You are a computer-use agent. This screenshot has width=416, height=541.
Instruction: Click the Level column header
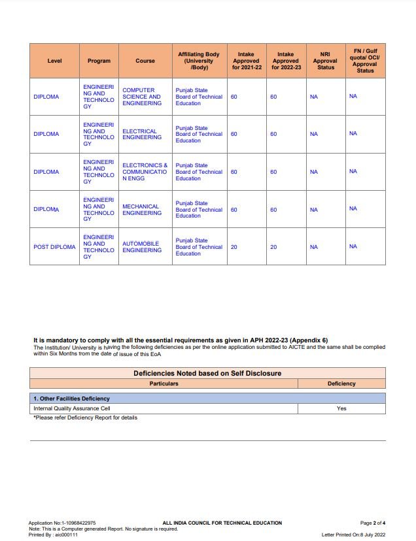point(54,61)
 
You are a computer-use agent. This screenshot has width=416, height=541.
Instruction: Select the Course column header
point(145,61)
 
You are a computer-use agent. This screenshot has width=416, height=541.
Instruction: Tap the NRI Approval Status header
point(325,61)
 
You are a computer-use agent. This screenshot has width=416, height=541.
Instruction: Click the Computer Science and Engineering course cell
point(141,97)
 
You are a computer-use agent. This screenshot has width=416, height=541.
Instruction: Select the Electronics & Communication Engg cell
point(145,172)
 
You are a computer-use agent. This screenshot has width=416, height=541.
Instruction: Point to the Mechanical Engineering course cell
point(141,210)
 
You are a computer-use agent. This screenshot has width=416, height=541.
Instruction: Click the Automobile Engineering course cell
point(141,247)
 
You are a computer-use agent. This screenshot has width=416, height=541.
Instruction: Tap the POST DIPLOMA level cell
point(54,247)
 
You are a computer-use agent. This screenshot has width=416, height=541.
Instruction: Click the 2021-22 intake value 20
point(234,247)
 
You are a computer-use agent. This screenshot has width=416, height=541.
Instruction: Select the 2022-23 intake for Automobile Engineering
point(273,247)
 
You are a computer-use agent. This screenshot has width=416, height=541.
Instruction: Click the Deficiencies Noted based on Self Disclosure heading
point(207,373)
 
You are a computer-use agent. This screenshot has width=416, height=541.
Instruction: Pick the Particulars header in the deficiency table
point(164,384)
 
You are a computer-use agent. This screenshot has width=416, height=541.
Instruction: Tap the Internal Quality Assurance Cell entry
point(72,408)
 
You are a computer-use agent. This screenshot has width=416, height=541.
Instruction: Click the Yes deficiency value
point(341,408)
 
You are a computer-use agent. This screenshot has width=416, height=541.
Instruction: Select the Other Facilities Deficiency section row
point(72,398)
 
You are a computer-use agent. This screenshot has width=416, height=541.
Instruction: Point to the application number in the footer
point(62,523)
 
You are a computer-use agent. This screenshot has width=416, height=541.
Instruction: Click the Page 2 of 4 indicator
point(373,523)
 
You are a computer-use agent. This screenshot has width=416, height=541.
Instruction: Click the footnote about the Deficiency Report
point(85,418)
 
